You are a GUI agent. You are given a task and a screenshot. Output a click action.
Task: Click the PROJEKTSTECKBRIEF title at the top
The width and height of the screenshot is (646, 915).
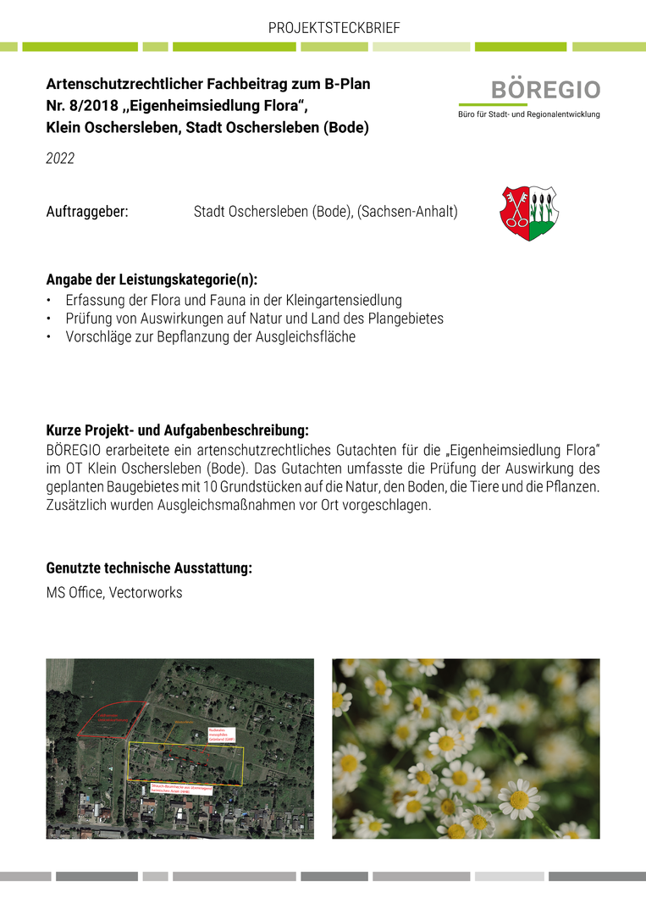334,28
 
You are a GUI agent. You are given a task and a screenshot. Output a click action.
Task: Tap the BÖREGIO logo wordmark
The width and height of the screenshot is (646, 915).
545,90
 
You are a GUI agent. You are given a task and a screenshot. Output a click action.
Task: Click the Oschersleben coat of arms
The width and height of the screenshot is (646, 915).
528,213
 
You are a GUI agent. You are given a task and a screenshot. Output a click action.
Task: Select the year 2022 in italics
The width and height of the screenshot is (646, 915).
60,158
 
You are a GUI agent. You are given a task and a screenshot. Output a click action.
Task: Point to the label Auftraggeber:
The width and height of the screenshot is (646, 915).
86,212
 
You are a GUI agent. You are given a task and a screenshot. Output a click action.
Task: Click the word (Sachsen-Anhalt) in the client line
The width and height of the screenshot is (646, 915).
407,212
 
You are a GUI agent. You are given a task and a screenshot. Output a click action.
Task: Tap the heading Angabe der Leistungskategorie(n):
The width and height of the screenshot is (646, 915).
152,280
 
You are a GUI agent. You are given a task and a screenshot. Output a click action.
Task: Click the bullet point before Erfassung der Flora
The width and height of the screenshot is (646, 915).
49,301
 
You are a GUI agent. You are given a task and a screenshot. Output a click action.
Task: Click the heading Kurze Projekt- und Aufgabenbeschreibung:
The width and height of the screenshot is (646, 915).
177,430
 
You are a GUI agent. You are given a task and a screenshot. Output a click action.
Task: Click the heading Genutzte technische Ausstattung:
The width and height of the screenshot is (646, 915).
149,568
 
